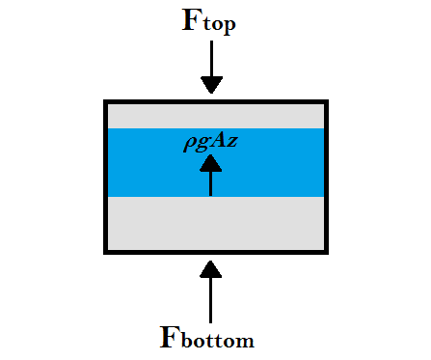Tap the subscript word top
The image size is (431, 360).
point(219,26)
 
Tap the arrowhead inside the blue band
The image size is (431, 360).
point(210,164)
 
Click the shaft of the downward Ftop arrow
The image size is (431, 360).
point(210,63)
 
